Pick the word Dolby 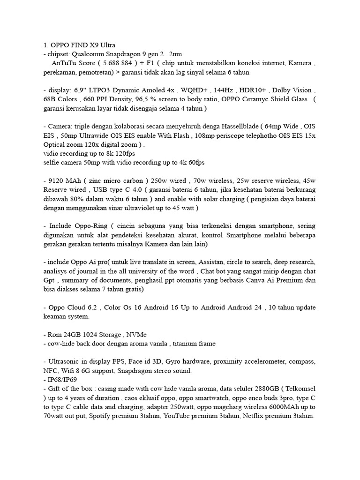pyautogui.click(x=281, y=90)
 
